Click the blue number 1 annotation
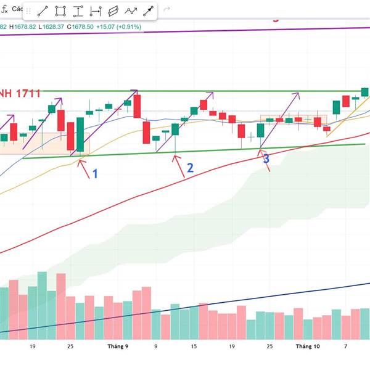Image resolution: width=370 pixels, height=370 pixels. (95, 174)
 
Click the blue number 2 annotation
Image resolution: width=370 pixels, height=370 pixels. (190, 168)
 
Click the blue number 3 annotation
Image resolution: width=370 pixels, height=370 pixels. (266, 159)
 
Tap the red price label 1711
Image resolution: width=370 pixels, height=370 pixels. (29, 94)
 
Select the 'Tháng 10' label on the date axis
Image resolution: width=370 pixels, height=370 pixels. (308, 347)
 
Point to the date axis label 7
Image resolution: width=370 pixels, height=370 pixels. (345, 347)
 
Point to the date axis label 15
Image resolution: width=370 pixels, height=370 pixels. (194, 347)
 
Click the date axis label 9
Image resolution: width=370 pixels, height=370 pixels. (155, 347)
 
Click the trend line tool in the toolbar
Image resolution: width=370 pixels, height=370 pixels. (43, 11)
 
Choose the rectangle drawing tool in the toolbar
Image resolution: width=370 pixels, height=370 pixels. (60, 11)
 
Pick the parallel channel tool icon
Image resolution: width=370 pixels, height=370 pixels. (113, 11)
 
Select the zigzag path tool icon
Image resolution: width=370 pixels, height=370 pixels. (131, 11)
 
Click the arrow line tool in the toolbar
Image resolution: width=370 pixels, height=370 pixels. (148, 11)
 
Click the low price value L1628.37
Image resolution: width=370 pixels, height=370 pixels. (52, 27)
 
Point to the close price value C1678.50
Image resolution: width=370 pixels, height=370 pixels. (80, 27)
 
